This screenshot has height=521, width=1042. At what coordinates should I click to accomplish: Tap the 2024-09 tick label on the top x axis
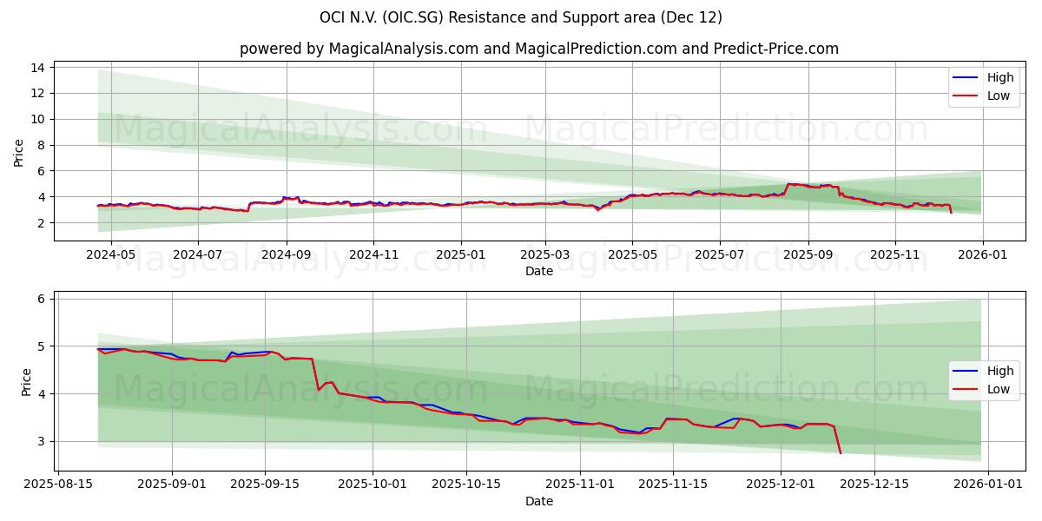pyautogui.click(x=286, y=255)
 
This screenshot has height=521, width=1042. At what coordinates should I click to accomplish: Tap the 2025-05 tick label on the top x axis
pyautogui.click(x=632, y=255)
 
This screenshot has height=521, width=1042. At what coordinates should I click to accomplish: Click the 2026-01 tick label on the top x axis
pyautogui.click(x=983, y=255)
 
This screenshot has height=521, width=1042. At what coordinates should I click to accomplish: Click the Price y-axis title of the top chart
pyautogui.click(x=19, y=153)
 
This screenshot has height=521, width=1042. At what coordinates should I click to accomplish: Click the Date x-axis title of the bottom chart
pyautogui.click(x=538, y=501)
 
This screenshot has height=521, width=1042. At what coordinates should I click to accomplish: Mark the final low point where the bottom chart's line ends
pyautogui.click(x=840, y=452)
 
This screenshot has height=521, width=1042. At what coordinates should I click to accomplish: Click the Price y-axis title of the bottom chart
pyautogui.click(x=26, y=382)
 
